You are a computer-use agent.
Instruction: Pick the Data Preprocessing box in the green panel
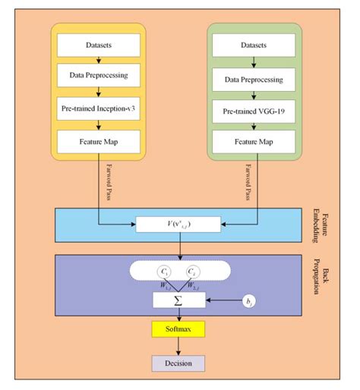pos(256,79)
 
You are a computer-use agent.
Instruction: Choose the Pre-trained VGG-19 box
pos(256,111)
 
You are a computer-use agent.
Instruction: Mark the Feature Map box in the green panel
pos(256,142)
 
